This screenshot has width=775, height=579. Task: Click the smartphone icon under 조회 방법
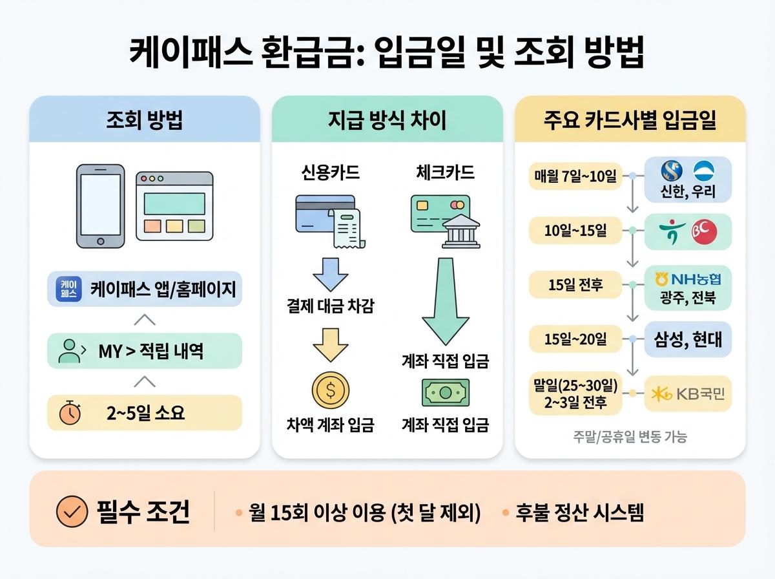pos(100,205)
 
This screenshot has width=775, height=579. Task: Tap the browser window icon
pos(174,206)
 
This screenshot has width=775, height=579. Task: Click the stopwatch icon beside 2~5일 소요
pos(70,413)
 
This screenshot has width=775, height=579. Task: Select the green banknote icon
pos(446,392)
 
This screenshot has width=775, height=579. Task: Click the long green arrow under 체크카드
pos(446,300)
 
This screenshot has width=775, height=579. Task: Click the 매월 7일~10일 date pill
pos(575,175)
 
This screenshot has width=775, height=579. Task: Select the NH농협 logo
pos(688,279)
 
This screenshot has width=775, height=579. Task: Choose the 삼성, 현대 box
pos(688,339)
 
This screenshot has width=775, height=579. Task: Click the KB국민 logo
pos(688,393)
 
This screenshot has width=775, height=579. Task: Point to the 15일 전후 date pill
pos(575,284)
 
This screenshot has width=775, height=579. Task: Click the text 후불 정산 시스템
pos(579,513)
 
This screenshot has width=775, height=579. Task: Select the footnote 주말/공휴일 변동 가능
pos(630,437)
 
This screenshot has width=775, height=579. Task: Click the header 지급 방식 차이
pos(387,121)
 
